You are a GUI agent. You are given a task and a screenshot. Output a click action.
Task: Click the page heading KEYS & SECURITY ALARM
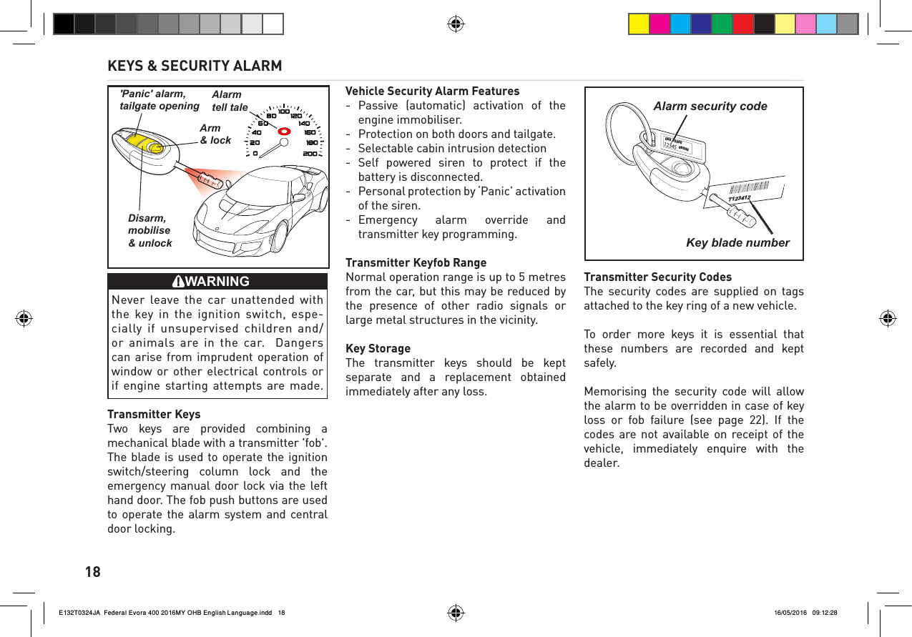tap(195, 66)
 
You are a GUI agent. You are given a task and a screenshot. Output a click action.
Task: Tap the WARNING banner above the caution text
tap(217, 281)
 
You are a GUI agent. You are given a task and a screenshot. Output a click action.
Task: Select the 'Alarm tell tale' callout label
tap(230, 102)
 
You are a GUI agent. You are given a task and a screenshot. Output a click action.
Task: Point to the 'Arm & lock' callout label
tap(215, 134)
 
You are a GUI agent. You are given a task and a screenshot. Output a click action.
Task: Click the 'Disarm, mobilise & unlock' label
tap(149, 230)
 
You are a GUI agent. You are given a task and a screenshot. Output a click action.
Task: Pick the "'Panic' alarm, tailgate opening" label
tap(159, 100)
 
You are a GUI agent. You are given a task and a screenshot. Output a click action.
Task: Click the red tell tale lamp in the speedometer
tap(284, 132)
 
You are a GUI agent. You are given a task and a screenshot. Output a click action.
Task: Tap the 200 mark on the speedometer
tap(310, 154)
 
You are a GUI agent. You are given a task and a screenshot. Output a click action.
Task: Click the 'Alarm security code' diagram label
tap(710, 107)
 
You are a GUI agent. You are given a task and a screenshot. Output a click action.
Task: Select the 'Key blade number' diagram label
tap(737, 243)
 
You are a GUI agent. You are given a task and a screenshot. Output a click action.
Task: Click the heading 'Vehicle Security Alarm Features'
tap(432, 91)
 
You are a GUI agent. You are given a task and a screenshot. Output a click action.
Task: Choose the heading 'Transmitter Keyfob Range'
tap(416, 262)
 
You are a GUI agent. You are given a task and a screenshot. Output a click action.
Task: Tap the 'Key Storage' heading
tap(378, 348)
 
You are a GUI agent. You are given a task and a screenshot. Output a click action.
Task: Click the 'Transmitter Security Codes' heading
tap(657, 277)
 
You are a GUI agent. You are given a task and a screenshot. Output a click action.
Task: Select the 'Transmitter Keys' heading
tap(154, 414)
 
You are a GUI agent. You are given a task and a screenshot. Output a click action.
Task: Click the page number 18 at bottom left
tap(93, 572)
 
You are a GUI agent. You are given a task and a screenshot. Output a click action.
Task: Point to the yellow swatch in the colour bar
tap(639, 24)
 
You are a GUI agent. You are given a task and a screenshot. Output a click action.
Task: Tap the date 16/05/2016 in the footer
tap(790, 613)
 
